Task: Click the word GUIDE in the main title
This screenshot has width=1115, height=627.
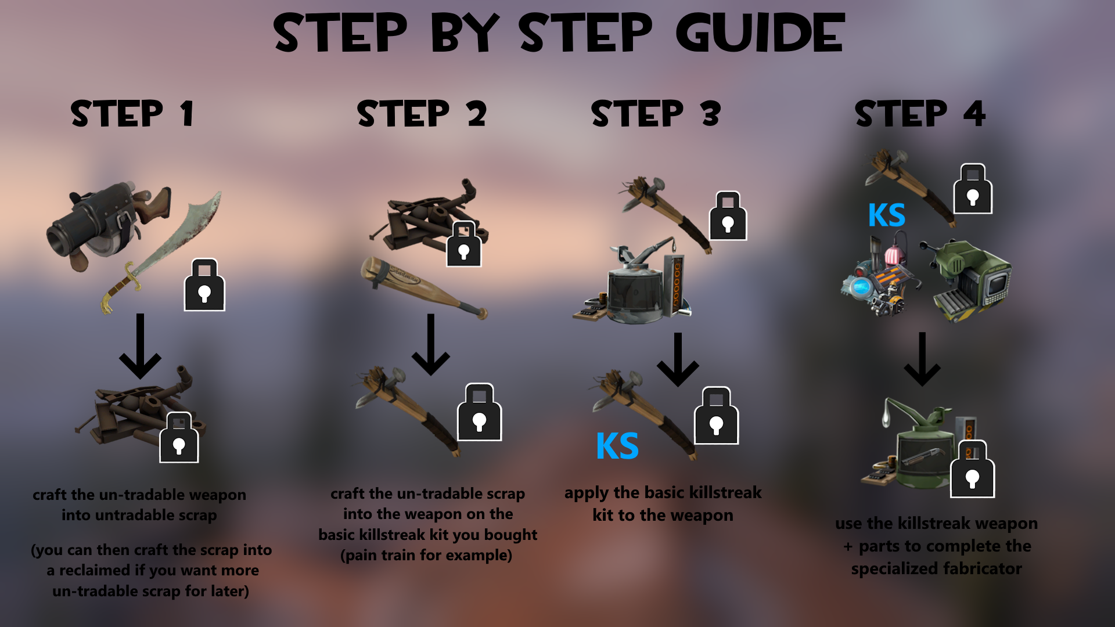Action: pyautogui.click(x=760, y=33)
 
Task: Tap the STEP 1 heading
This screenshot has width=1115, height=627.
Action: pyautogui.click(x=132, y=113)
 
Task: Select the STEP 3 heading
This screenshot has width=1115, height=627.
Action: pyautogui.click(x=656, y=113)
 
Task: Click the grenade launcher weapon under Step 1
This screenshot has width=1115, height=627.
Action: pyautogui.click(x=109, y=226)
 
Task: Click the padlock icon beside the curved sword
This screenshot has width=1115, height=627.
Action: pyautogui.click(x=204, y=284)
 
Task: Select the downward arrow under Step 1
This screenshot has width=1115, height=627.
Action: pyautogui.click(x=140, y=347)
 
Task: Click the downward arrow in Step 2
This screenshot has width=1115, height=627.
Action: pyautogui.click(x=430, y=345)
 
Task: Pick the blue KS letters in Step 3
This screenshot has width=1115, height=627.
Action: pyautogui.click(x=617, y=446)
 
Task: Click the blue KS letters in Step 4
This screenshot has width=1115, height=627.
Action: pyautogui.click(x=886, y=215)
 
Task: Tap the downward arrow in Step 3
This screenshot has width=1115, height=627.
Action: pyautogui.click(x=678, y=360)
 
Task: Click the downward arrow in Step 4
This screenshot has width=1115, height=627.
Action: pyautogui.click(x=922, y=359)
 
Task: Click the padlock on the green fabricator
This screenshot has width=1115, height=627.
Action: pyautogui.click(x=972, y=469)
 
